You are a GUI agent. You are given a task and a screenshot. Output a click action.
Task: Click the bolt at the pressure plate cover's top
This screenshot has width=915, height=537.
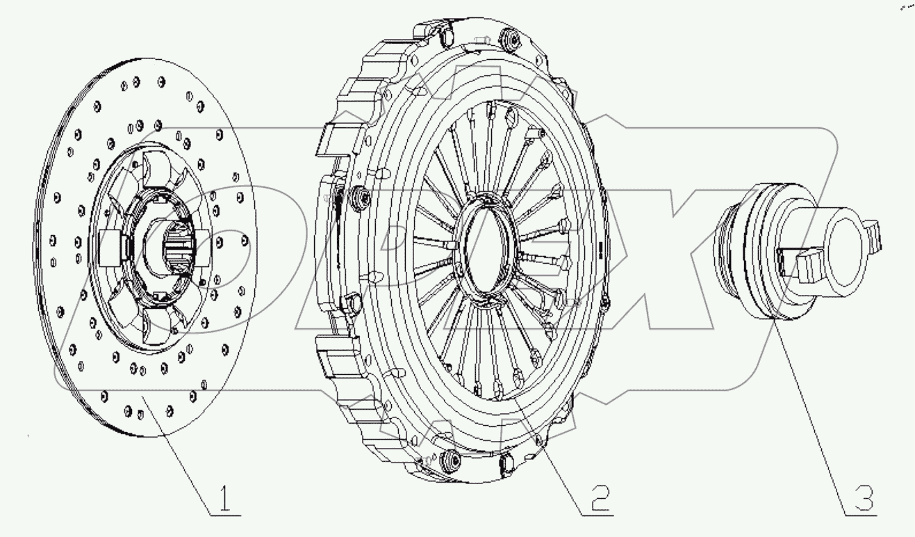pos(515,40)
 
